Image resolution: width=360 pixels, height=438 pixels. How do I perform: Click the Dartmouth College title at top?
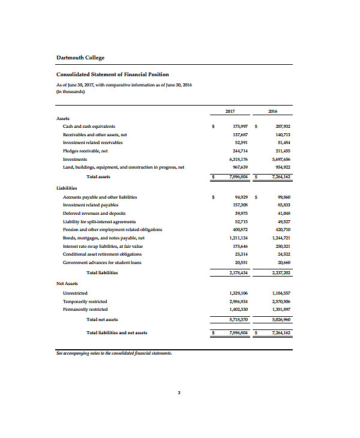tap(80, 58)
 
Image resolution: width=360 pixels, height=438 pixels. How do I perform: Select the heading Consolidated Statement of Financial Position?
tap(112, 74)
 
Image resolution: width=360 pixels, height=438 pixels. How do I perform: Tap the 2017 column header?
tap(230, 112)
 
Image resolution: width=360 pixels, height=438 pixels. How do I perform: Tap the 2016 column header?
tap(273, 112)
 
